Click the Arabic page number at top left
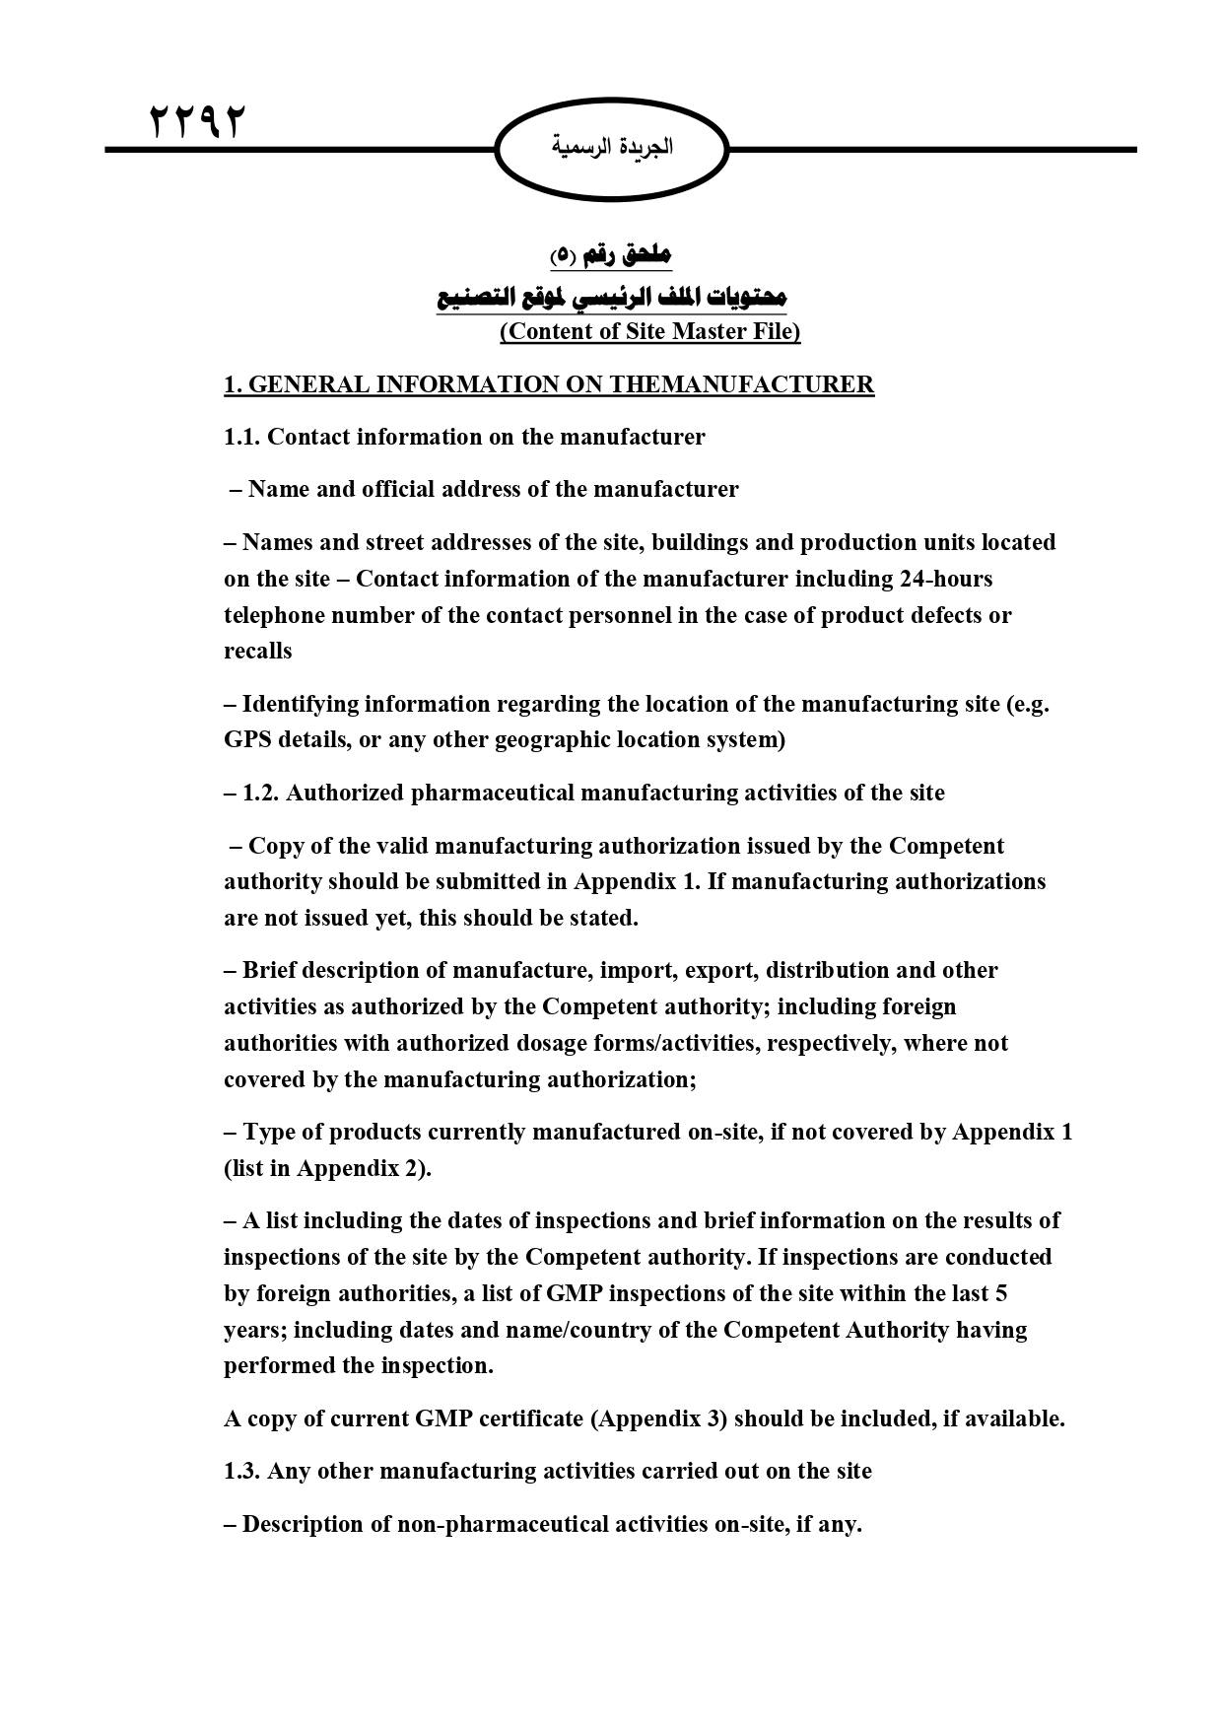click(195, 122)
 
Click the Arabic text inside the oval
click(611, 147)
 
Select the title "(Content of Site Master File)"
click(649, 331)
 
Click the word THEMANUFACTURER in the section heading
click(742, 384)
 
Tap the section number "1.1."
click(242, 437)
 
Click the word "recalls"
click(258, 651)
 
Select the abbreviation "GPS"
click(247, 739)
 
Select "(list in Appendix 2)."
click(327, 1168)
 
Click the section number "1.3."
click(242, 1472)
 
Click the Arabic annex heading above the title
click(610, 256)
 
